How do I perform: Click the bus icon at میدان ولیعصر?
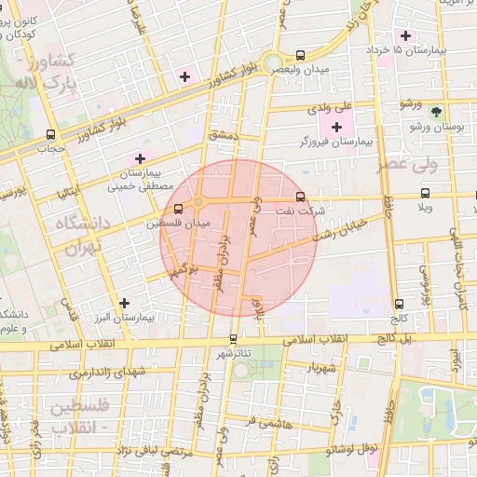(x=300, y=54)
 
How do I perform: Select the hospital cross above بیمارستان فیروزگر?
(x=336, y=126)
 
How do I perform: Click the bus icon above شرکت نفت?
(x=300, y=198)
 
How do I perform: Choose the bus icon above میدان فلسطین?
(x=178, y=208)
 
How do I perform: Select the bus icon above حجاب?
(x=50, y=133)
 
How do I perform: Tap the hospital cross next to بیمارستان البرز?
(x=124, y=302)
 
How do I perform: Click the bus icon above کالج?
(x=400, y=304)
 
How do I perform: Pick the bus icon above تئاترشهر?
(x=233, y=339)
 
